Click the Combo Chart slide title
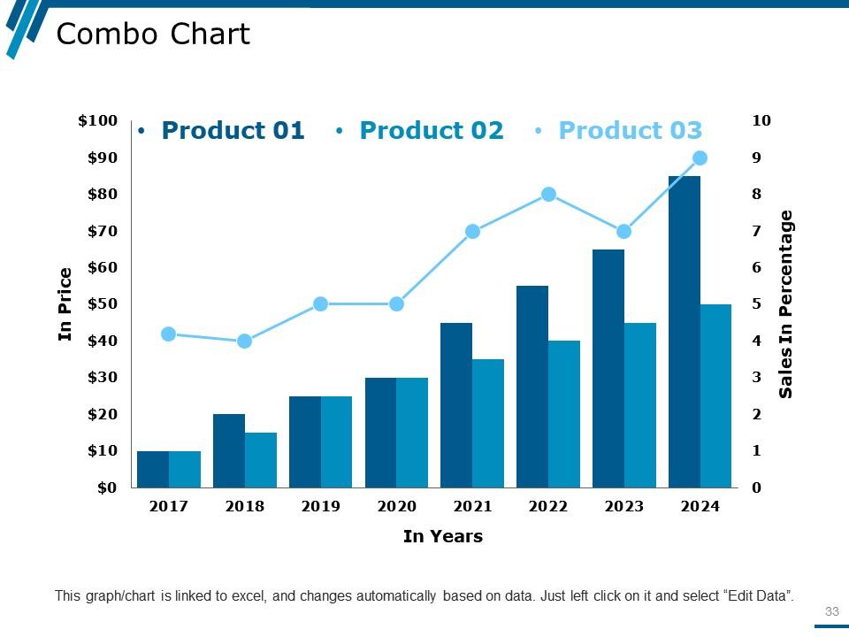153,35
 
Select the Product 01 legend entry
233,131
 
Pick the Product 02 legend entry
431,131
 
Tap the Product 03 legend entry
630,131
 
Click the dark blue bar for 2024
685,332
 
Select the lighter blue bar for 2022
563,413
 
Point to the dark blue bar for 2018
229,450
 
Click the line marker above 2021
472,232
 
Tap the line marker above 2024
700,158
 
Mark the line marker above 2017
169,334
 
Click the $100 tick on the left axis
97,121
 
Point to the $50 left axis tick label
103,304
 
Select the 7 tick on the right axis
756,232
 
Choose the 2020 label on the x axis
396,507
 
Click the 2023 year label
623,507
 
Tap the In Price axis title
65,304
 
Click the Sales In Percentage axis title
786,304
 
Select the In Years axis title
442,536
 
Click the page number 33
831,611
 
